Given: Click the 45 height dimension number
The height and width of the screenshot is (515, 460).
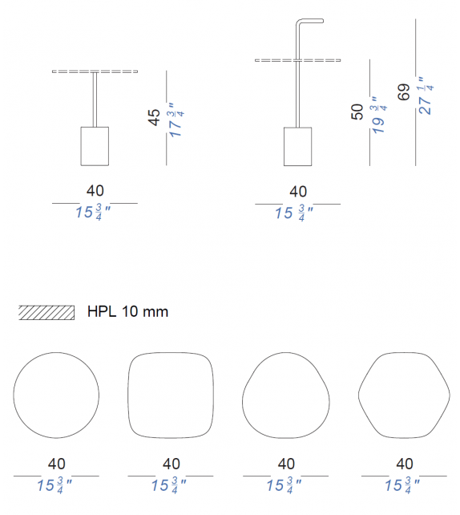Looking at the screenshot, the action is pyautogui.click(x=154, y=117).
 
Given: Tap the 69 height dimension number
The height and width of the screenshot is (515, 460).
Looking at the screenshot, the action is pyautogui.click(x=404, y=91).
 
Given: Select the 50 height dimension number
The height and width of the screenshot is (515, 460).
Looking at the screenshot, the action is pyautogui.click(x=357, y=112).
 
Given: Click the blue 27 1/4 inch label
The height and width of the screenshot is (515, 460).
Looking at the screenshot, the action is pyautogui.click(x=426, y=96).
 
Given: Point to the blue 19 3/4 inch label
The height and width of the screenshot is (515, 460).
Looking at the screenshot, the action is pyautogui.click(x=380, y=115).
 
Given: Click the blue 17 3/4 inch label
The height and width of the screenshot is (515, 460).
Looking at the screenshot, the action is pyautogui.click(x=176, y=120).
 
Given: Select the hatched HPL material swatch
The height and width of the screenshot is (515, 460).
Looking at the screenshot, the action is pyautogui.click(x=46, y=312).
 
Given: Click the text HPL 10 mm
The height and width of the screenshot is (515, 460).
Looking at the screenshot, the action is pyautogui.click(x=127, y=311).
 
